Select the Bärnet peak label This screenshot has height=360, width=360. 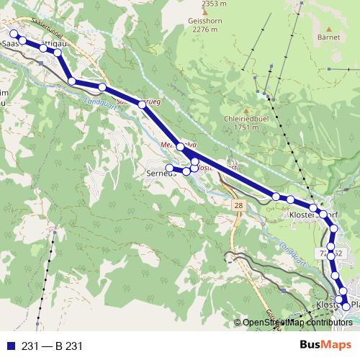pyautogui.click(x=327, y=35)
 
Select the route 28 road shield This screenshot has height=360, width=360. pyautogui.click(x=238, y=206)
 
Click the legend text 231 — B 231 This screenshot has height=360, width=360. pyautogui.click(x=52, y=346)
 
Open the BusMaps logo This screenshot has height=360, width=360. pyautogui.click(x=324, y=346)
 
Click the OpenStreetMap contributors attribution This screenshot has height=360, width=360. pyautogui.click(x=297, y=323)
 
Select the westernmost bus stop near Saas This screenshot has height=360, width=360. pyautogui.click(x=13, y=34)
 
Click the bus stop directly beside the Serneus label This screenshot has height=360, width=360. pyautogui.click(x=170, y=168)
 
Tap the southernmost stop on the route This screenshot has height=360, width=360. pyautogui.click(x=346, y=307)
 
